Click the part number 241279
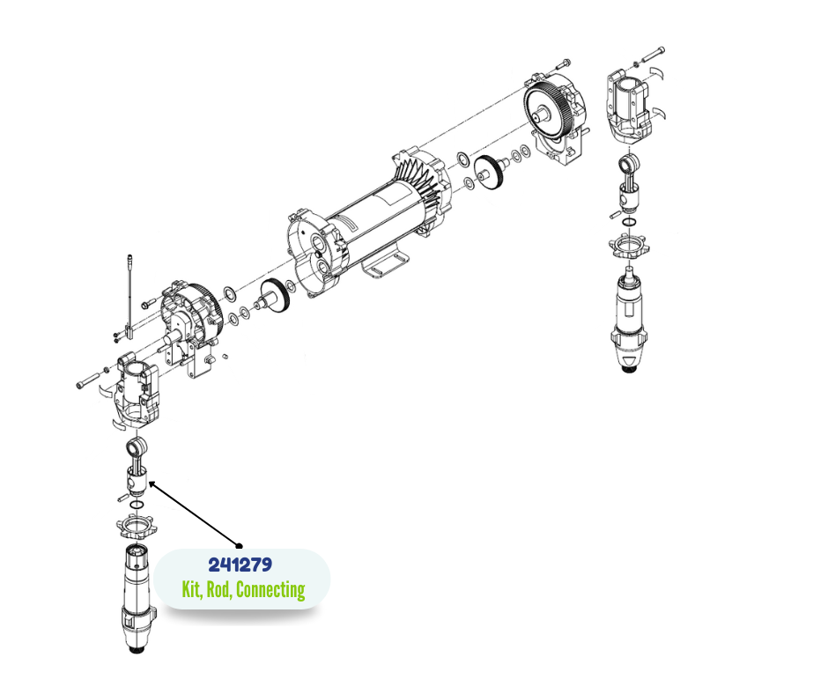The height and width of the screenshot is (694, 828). [240, 565]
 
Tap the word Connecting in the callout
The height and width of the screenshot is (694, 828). [270, 590]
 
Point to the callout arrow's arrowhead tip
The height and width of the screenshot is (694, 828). [150, 482]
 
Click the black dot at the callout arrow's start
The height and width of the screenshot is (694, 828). [239, 546]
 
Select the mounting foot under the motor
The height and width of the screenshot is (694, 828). [386, 264]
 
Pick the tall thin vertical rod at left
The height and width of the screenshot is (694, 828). [129, 296]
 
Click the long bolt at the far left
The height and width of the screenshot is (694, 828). [89, 380]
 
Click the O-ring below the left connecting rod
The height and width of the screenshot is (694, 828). [137, 505]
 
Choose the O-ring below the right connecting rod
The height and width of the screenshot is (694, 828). [629, 222]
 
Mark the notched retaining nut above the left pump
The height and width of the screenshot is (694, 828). [135, 527]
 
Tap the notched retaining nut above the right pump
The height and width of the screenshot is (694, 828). [628, 246]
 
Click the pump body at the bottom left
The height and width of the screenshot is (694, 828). [137, 597]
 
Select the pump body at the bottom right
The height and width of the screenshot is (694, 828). [628, 317]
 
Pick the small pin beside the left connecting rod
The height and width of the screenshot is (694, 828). [122, 497]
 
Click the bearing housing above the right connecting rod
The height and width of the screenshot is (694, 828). [628, 106]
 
